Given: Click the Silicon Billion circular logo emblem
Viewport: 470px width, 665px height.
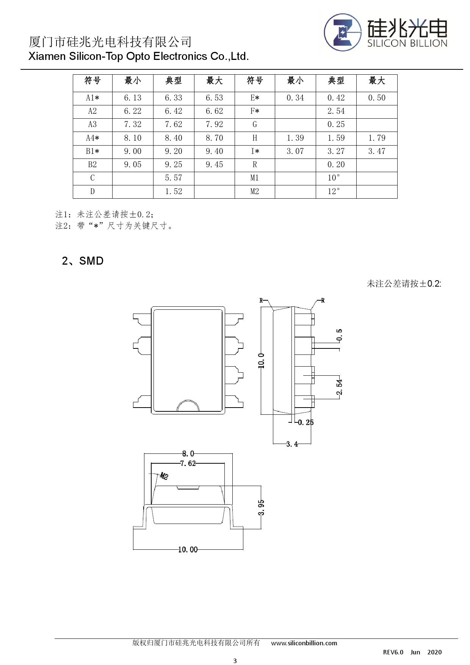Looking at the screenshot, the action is coord(343,33).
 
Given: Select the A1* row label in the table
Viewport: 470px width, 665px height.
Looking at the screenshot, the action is coord(92,98).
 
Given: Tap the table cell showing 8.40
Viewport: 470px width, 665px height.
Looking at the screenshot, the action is coord(174,138).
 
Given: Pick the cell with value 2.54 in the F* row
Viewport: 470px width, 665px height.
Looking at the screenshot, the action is coord(336,111).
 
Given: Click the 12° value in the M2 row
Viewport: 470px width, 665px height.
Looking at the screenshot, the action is coord(334,191).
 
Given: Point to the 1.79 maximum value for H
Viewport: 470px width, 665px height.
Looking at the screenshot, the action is coord(377,138).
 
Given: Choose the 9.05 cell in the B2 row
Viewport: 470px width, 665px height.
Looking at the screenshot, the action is coord(133,165).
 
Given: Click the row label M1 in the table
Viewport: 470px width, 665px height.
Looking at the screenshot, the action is coord(255,178).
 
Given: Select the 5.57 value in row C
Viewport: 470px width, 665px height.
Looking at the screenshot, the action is coord(174,178).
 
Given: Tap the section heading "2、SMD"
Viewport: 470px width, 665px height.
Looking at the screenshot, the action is coord(83,261).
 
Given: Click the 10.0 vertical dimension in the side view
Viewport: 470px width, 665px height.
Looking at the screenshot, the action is coord(261,361).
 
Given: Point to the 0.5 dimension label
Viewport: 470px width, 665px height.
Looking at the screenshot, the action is coord(339,335).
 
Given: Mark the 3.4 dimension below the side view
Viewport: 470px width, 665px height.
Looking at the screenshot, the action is coord(292,444).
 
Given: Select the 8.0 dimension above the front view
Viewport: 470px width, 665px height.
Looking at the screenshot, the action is coord(188,453).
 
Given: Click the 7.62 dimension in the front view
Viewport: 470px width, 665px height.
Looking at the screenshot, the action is coord(188,463).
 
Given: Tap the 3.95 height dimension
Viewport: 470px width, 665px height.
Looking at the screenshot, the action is coord(261,507).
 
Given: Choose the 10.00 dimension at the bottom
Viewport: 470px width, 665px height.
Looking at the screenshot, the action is coord(188,549).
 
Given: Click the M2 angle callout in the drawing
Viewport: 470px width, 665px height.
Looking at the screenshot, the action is coord(164,476).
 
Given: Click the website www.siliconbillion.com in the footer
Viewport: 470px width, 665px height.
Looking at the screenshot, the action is coord(304,643).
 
